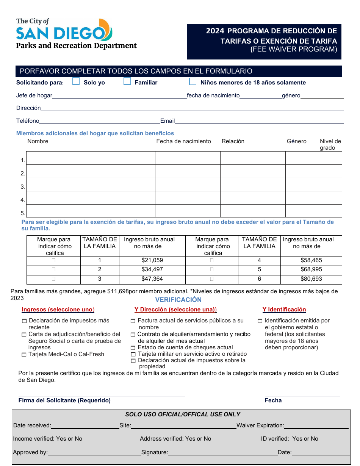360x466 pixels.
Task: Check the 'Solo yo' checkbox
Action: [x=76, y=81]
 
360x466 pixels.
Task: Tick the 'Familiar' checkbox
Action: [x=127, y=81]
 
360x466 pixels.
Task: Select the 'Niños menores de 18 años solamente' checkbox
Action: [x=193, y=81]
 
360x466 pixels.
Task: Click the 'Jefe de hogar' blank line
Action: [x=119, y=95]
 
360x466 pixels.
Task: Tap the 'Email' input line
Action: [x=259, y=121]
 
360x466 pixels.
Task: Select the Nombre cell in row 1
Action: [x=91, y=158]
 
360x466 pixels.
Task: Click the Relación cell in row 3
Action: [x=252, y=185]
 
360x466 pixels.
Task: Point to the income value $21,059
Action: [x=152, y=260]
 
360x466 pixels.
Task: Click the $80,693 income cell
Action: [x=311, y=279]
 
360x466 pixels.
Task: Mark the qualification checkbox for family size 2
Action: [x=53, y=269]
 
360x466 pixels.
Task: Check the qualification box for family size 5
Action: [x=211, y=269]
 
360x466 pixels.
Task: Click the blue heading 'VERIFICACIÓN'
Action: [x=178, y=300]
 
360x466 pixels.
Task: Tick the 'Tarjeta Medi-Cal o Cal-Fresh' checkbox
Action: [x=25, y=355]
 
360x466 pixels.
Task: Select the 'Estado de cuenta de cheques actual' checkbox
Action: [x=133, y=348]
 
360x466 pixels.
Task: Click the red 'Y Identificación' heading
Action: [x=284, y=310]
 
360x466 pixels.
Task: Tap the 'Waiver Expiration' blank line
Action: [x=316, y=426]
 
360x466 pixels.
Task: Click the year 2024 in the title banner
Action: [x=215, y=31]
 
